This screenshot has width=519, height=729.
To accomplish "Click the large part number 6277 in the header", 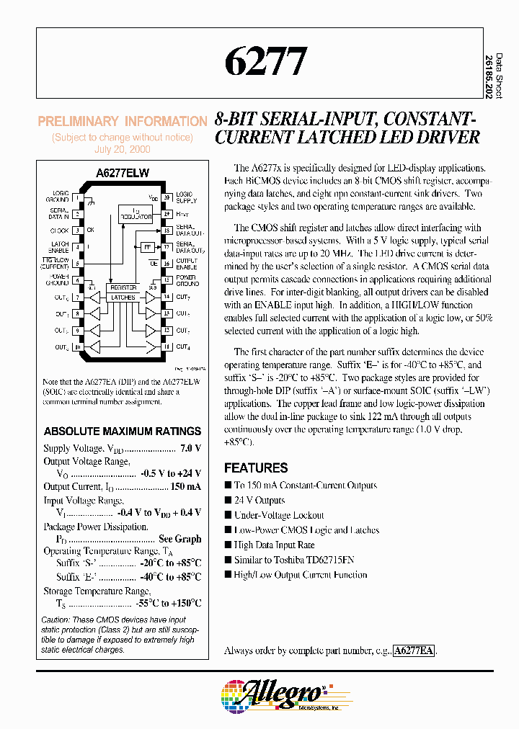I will pos(266,63).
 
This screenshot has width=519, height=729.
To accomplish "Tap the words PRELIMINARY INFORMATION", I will pos(123,122).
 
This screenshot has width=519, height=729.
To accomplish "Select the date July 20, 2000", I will pos(123,150).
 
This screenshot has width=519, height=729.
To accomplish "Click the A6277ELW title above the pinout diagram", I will pos(123,174).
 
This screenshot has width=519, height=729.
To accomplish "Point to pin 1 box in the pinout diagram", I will pos(76,197).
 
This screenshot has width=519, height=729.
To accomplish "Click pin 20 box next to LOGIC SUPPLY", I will pos(166,197).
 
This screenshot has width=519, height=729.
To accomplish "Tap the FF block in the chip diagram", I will pos(148,247).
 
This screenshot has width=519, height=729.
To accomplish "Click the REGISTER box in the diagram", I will pos(123,287).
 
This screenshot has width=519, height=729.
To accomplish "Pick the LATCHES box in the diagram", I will pos(123,297).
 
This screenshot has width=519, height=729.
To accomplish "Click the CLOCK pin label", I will pos(59,231).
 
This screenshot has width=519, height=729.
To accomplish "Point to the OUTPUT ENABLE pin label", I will pos(187,264).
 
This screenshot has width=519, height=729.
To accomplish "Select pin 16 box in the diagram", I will pos(166,264).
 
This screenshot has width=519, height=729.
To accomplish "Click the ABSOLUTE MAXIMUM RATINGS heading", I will pos(123,431).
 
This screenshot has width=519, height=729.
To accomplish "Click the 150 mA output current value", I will pos(185,487).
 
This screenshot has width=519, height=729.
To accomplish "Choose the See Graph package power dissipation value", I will pos(180,539).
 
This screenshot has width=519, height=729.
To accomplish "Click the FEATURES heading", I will pos(256,468).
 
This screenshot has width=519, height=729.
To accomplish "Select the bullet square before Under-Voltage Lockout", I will pos(229,515).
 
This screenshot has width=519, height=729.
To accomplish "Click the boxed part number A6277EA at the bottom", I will pos(414,650).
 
